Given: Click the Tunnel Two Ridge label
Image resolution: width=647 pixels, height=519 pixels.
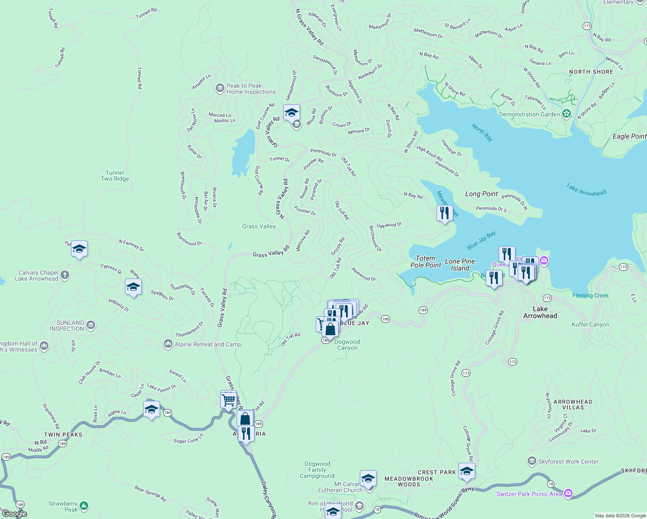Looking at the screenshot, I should tap(115, 176).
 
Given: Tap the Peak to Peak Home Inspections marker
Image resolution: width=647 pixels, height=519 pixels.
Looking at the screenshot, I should tap(220, 89).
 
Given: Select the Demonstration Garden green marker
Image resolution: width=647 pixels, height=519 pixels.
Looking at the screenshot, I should tap(567, 114).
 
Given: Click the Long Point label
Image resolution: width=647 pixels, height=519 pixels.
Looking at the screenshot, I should tap(481, 194).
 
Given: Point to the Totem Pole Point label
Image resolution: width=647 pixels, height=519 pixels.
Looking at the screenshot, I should tap(426, 262).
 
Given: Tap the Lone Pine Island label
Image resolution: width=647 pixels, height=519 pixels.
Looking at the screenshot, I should tap(460, 265).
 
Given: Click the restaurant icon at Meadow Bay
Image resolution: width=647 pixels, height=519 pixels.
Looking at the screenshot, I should tap(445, 213).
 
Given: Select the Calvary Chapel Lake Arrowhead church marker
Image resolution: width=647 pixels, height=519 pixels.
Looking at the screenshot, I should tap(65, 275).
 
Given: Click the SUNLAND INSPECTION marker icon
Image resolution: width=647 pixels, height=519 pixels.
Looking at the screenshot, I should tap(90, 325).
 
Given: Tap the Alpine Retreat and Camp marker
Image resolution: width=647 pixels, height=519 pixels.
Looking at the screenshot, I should tap(168, 344).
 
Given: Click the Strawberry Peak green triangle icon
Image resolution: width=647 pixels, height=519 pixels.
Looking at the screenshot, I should tap(84, 506).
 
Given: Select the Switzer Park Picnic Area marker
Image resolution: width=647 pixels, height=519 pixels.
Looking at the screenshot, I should tap(568, 493).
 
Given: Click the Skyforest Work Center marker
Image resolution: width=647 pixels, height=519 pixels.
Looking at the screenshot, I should tap(532, 461).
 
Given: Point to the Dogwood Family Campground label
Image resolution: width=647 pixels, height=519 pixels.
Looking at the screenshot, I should tap(317, 470).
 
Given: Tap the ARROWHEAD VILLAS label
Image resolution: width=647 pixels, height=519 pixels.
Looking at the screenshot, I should tap(573, 404).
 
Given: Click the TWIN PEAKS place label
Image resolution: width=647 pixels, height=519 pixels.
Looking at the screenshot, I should tap(63, 435).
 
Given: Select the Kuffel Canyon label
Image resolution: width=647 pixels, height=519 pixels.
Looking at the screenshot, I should tap(590, 324).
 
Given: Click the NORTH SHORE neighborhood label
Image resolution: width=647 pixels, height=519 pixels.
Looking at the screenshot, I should tap(591, 72).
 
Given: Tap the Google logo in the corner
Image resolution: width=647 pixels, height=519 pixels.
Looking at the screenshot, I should tap(14, 514).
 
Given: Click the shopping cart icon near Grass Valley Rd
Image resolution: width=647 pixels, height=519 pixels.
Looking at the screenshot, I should tap(228, 399).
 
